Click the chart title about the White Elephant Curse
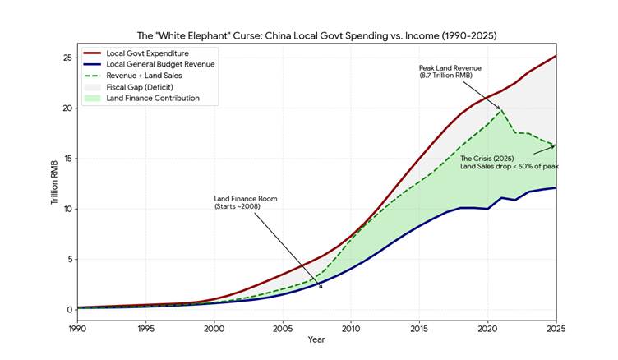pos(316,36)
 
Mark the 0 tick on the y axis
pos(68,310)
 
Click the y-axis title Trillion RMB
pos(54,183)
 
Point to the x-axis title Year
pos(316,339)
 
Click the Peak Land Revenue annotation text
pos(451,72)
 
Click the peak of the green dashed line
pos(501,108)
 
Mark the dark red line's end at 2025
pos(556,56)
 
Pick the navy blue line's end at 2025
pos(556,187)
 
